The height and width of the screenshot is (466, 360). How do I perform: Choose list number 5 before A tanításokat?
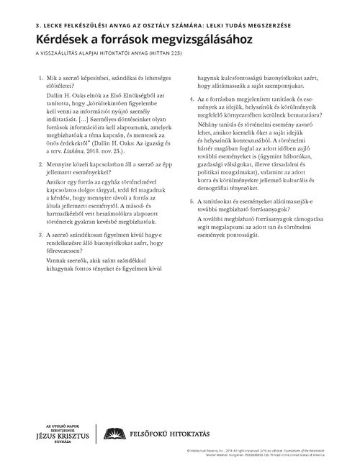(x=189, y=200)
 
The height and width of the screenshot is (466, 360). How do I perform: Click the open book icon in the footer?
(x=112, y=432)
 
